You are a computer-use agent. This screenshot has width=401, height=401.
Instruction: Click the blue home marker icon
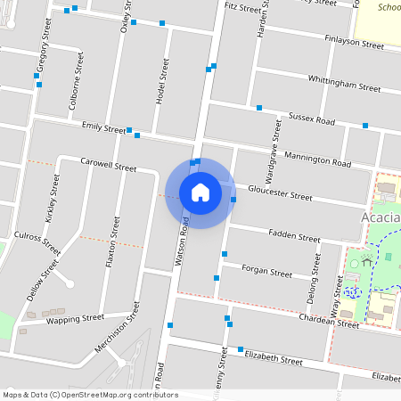(x=200, y=192)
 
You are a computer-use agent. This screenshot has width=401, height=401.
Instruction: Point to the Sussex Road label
(x=312, y=119)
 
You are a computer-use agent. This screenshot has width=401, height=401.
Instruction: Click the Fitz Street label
(x=242, y=7)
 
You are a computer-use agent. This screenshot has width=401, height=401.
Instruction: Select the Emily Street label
(x=103, y=129)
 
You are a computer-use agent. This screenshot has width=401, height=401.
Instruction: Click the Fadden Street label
(x=293, y=238)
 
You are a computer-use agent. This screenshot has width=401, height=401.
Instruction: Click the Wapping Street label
(x=75, y=318)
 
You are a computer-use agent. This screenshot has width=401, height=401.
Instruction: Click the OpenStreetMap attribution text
(x=90, y=395)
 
